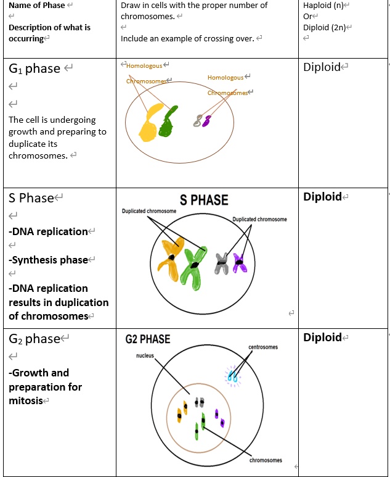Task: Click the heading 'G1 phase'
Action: click(x=35, y=68)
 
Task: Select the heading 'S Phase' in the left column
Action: click(x=31, y=198)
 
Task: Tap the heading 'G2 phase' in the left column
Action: click(x=35, y=339)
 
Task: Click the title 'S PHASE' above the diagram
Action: click(x=203, y=201)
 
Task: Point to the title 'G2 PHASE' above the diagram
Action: click(x=147, y=339)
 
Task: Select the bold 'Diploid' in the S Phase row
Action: click(x=322, y=197)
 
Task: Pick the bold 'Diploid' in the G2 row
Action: click(x=322, y=337)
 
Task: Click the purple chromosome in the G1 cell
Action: click(x=207, y=120)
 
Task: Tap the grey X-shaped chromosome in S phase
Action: click(x=222, y=264)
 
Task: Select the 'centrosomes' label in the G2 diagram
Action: click(x=262, y=347)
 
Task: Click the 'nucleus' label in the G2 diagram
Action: click(x=145, y=356)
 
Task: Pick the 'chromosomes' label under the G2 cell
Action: click(x=266, y=460)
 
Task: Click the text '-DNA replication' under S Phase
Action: click(x=48, y=231)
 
